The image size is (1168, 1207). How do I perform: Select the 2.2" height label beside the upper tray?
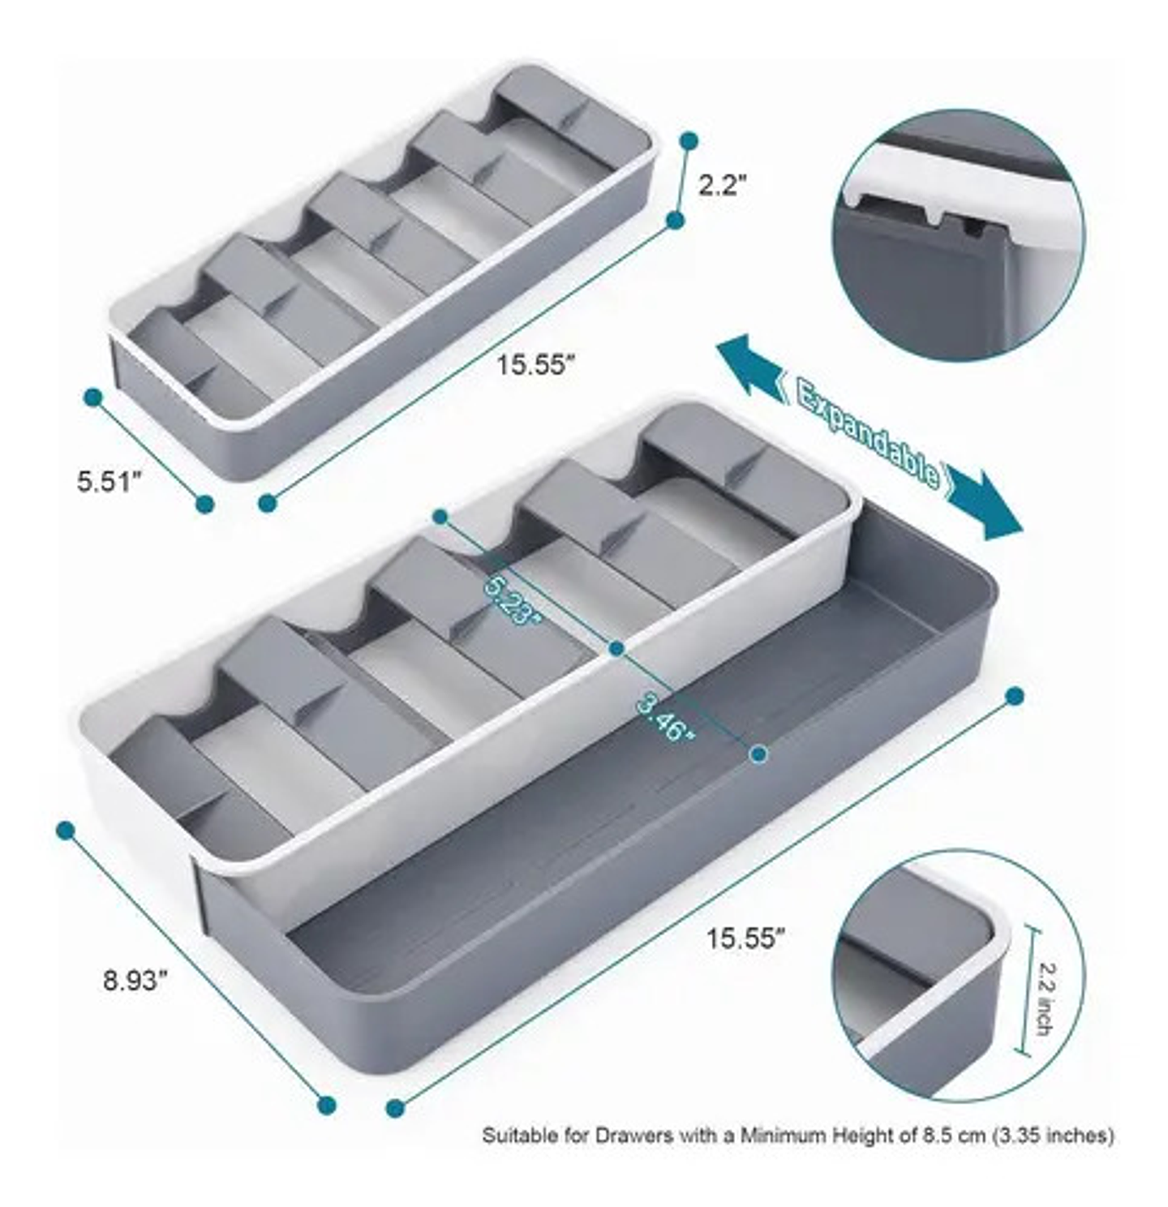(719, 186)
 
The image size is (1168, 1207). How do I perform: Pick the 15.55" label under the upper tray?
(537, 365)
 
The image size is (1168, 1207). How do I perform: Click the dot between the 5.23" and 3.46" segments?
(616, 649)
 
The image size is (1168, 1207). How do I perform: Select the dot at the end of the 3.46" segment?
(758, 754)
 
